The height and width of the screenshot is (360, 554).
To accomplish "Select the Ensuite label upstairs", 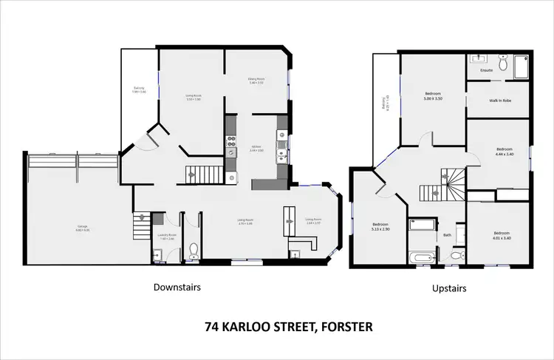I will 486,70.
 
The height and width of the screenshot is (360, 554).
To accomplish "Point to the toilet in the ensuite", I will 502,64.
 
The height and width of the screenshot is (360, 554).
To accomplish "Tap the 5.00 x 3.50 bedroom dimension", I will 433,98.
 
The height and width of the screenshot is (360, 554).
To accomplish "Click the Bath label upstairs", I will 447,236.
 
